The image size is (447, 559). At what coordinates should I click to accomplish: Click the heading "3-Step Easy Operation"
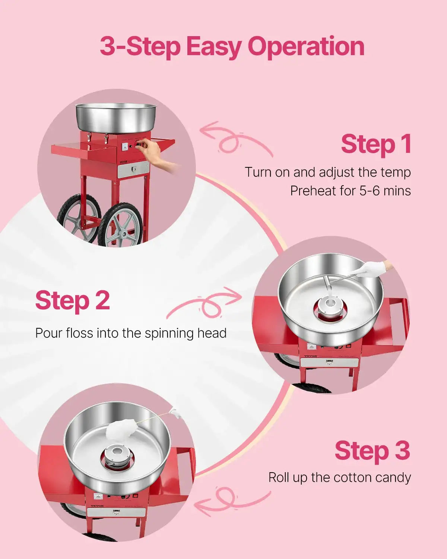(232, 47)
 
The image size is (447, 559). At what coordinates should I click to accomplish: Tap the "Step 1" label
(375, 144)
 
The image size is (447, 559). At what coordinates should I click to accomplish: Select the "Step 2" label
(73, 300)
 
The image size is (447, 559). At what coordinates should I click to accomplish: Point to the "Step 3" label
(372, 451)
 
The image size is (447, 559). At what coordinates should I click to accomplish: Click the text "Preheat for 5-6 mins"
(350, 191)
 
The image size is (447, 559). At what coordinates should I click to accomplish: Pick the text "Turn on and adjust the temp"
(327, 172)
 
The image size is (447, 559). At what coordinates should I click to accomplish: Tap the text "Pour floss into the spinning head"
(131, 333)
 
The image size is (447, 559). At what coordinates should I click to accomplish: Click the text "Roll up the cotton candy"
(339, 477)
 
